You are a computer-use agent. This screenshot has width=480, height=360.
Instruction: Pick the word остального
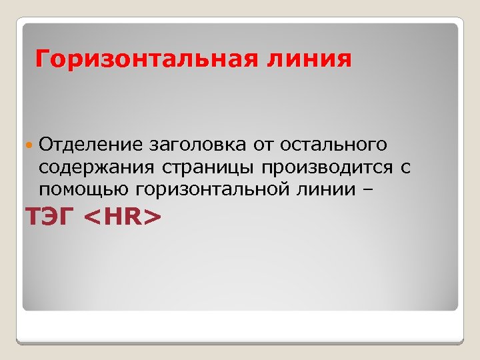333,145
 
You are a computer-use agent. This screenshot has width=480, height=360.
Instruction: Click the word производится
323,167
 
